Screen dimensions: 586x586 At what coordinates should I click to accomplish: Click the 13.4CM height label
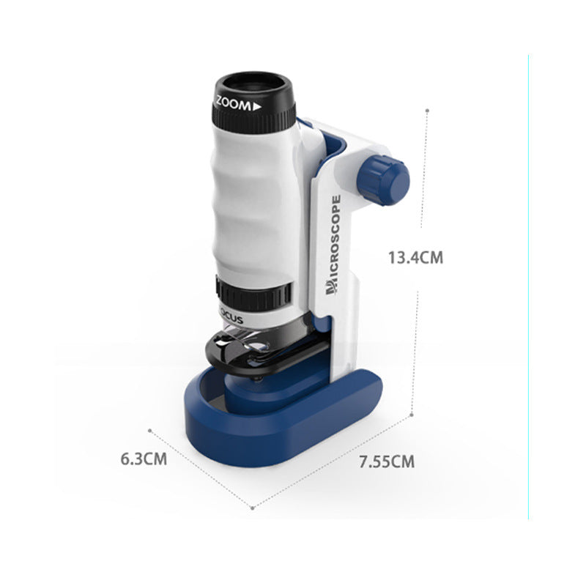[x=415, y=257]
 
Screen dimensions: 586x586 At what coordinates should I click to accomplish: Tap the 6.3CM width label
[x=144, y=460]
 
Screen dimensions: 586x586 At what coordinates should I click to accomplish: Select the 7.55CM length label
[x=386, y=461]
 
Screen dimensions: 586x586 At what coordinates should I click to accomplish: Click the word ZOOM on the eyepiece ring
[x=234, y=105]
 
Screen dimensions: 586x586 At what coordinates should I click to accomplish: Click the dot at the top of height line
[x=428, y=110]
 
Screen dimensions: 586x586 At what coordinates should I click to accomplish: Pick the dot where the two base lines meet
[x=253, y=506]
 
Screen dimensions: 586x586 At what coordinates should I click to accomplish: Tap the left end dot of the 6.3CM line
[x=150, y=431]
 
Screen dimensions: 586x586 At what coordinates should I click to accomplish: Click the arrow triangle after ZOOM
[x=257, y=106]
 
